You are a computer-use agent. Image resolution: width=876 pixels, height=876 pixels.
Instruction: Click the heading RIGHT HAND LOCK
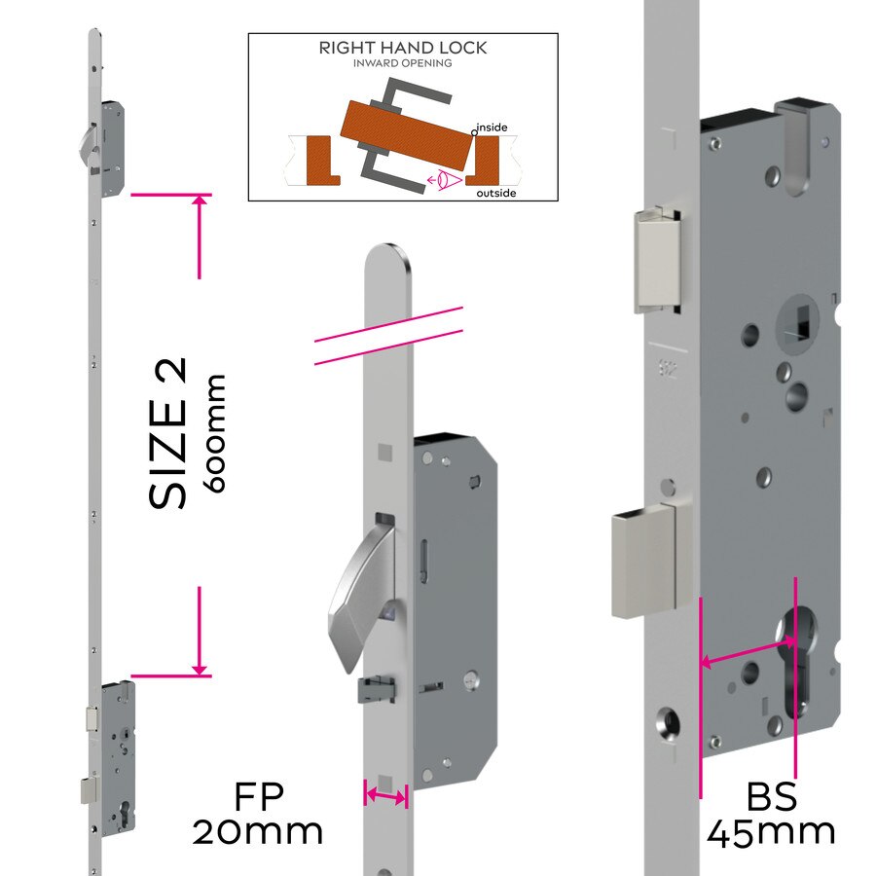pos(403,48)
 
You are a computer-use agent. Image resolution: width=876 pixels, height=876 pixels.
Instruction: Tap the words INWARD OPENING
pos(403,63)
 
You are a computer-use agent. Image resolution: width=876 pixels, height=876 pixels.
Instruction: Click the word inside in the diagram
pos(491,128)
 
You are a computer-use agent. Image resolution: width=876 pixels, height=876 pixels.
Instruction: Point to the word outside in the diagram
pos(495,194)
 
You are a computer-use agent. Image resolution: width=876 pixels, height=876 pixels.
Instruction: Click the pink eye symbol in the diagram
pos(444,179)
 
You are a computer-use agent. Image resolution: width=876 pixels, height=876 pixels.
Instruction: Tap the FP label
pos(258,798)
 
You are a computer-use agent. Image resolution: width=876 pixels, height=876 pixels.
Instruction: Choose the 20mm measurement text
pos(258,832)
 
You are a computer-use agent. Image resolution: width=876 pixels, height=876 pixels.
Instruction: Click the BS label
pos(771,798)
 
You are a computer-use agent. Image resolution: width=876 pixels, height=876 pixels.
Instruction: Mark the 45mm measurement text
pos(771,833)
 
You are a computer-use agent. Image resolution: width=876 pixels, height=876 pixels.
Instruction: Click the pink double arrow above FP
pos(385,796)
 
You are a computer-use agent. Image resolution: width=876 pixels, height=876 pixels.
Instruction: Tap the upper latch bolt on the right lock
pos(658,261)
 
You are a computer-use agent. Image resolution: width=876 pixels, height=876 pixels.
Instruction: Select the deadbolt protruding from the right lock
pos(642,562)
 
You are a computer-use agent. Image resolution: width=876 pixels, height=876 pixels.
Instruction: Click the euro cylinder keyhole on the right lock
pos(796,662)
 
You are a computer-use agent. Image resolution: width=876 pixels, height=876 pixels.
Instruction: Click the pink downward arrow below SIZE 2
pos(200,633)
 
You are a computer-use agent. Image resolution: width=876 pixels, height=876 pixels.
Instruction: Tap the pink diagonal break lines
pos(387,337)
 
